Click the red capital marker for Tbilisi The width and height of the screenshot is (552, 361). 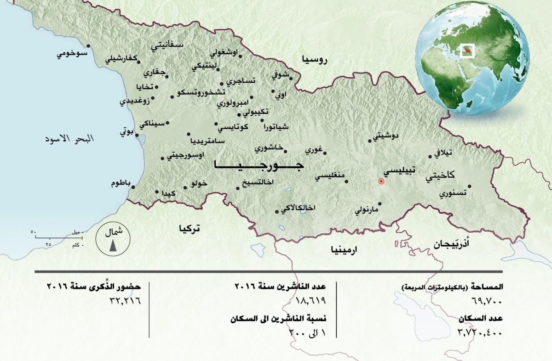[x=381, y=181]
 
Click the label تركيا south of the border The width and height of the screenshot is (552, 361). [x=190, y=228]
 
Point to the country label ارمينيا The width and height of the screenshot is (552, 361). [x=344, y=250]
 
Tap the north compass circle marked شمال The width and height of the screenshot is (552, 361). [x=113, y=239]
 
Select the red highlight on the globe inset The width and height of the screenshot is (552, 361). [x=467, y=50]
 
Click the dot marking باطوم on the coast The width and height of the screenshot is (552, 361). [x=133, y=187]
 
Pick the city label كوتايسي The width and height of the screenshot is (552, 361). [x=232, y=127]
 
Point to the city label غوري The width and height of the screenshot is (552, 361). [x=314, y=150]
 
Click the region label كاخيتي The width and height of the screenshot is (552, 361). [x=440, y=175]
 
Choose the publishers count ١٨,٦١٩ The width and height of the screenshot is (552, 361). [x=312, y=301]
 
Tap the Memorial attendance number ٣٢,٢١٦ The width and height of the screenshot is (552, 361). [x=124, y=301]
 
